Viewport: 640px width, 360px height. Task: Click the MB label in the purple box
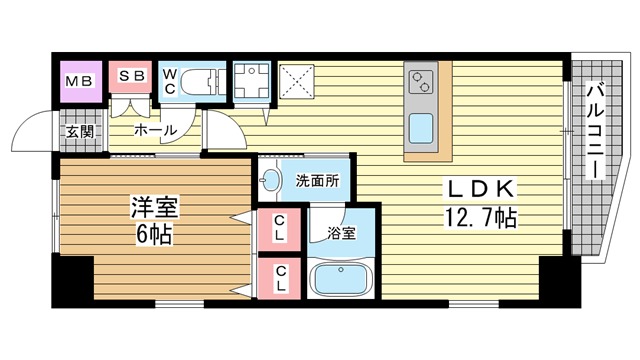(80, 81)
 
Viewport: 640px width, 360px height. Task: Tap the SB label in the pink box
(131, 76)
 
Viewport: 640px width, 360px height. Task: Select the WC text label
(170, 81)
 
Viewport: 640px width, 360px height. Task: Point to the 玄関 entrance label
(80, 131)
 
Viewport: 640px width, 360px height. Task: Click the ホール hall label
(156, 131)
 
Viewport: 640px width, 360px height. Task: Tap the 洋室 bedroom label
(155, 207)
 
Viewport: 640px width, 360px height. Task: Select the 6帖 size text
(154, 234)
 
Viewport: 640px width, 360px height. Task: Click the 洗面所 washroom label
(318, 180)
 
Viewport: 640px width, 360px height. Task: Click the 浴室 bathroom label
(341, 233)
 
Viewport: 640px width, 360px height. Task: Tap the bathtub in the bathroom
(341, 278)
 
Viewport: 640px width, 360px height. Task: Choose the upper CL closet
(279, 229)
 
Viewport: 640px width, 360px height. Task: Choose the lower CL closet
(280, 278)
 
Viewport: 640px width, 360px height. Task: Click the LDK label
(481, 189)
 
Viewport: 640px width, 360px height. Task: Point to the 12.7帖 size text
(480, 217)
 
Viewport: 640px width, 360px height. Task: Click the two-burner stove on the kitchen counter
(421, 82)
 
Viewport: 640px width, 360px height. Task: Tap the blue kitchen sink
(421, 128)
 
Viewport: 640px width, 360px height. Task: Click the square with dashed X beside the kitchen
(297, 81)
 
